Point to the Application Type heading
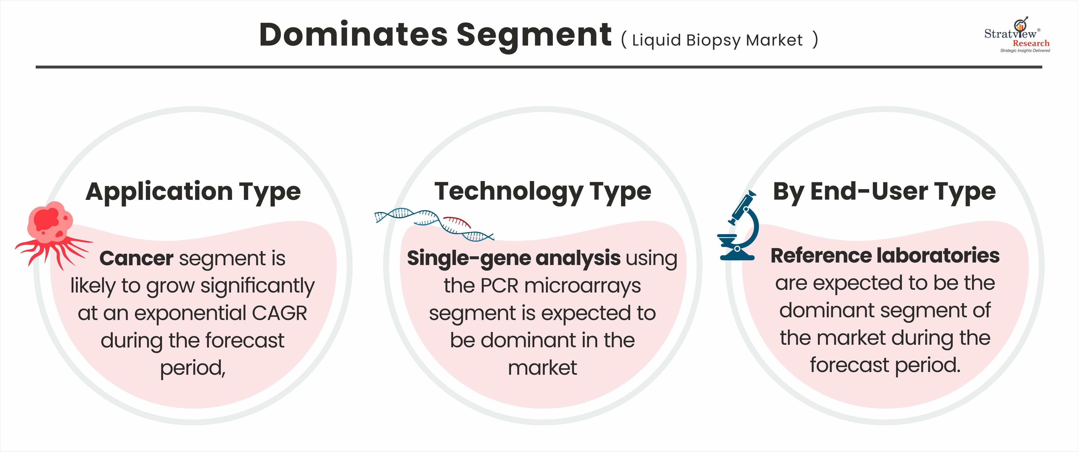pos(193,192)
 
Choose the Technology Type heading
pos(543,192)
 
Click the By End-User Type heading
pos(884,192)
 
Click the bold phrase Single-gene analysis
pos(513,259)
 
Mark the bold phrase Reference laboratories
pos(885,255)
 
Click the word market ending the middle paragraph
pos(542,368)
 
